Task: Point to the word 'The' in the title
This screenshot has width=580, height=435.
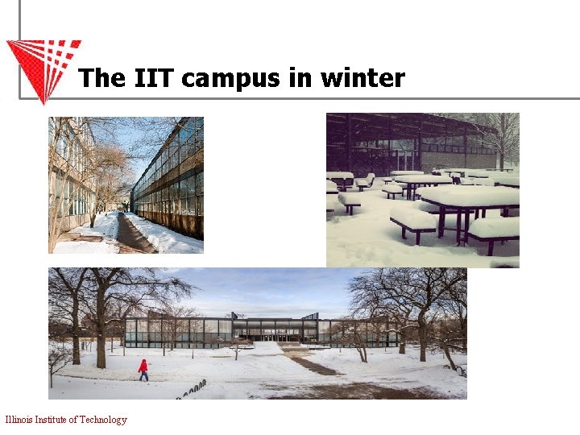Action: (x=101, y=78)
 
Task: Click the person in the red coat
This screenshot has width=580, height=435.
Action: (x=143, y=370)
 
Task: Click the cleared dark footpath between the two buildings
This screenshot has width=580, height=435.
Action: (x=129, y=234)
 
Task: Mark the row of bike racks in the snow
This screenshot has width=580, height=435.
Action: (x=189, y=390)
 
